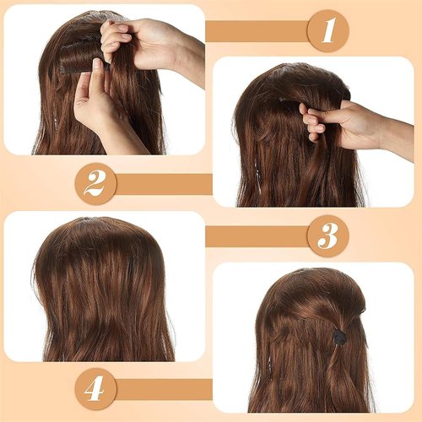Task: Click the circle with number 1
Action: [328, 31]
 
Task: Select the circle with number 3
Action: [327, 235]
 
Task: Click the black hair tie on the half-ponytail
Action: [339, 336]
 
